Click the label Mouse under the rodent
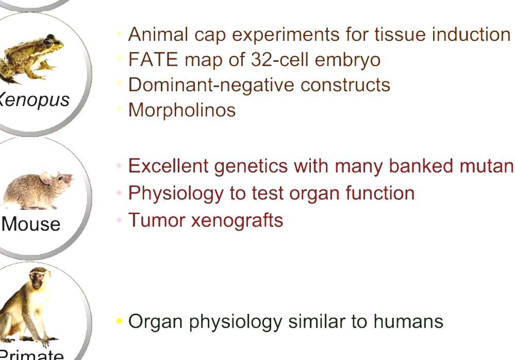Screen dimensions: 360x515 31,224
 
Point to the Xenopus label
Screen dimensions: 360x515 34,99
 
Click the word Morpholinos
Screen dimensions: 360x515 181,110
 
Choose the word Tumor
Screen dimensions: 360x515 156,220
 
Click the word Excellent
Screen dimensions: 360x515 168,166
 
